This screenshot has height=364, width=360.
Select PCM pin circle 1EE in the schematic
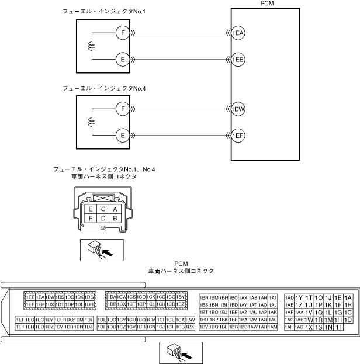(238, 60)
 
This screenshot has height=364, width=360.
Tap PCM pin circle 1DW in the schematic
(238, 109)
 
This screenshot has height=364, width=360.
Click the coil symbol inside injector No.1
(91, 46)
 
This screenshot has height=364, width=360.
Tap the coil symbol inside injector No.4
(91, 122)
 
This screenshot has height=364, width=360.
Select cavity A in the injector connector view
(116, 209)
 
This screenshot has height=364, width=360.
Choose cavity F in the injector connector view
(91, 218)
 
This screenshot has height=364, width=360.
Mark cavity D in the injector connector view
(103, 218)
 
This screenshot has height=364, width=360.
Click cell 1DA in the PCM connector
(111, 297)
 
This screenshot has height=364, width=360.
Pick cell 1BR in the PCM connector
(204, 297)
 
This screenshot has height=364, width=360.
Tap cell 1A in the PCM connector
(348, 297)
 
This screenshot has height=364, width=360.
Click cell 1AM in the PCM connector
(272, 327)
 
